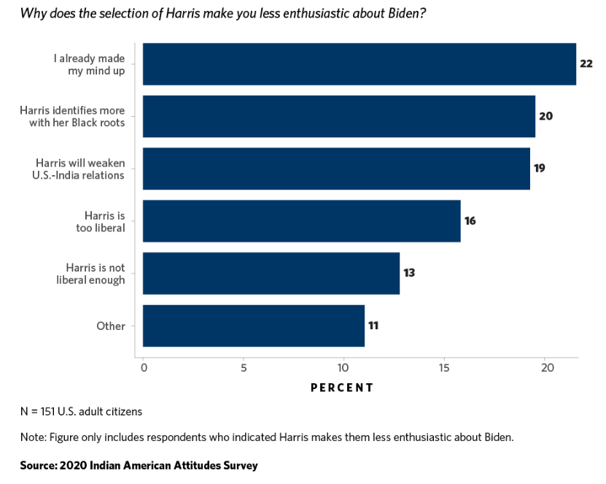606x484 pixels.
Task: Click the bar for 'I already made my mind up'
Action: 359,64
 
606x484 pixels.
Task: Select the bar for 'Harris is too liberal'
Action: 301,220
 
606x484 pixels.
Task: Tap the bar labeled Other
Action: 253,326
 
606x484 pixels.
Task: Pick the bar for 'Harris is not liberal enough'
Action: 271,273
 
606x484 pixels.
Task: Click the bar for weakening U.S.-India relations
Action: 336,169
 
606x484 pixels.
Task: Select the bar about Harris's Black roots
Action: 338,116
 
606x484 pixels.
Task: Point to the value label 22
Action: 586,64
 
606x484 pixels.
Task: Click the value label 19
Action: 539,168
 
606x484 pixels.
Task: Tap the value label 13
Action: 409,273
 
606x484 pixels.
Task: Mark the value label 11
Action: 373,326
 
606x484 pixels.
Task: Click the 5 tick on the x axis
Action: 244,368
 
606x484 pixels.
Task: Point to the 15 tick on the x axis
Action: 444,368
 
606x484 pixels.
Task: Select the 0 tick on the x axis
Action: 144,368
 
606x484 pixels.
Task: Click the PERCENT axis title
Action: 342,388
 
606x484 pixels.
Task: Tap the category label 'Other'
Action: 111,326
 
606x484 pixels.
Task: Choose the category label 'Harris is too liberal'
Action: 106,221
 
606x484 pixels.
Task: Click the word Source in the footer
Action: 37,465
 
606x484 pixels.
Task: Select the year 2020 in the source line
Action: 73,465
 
